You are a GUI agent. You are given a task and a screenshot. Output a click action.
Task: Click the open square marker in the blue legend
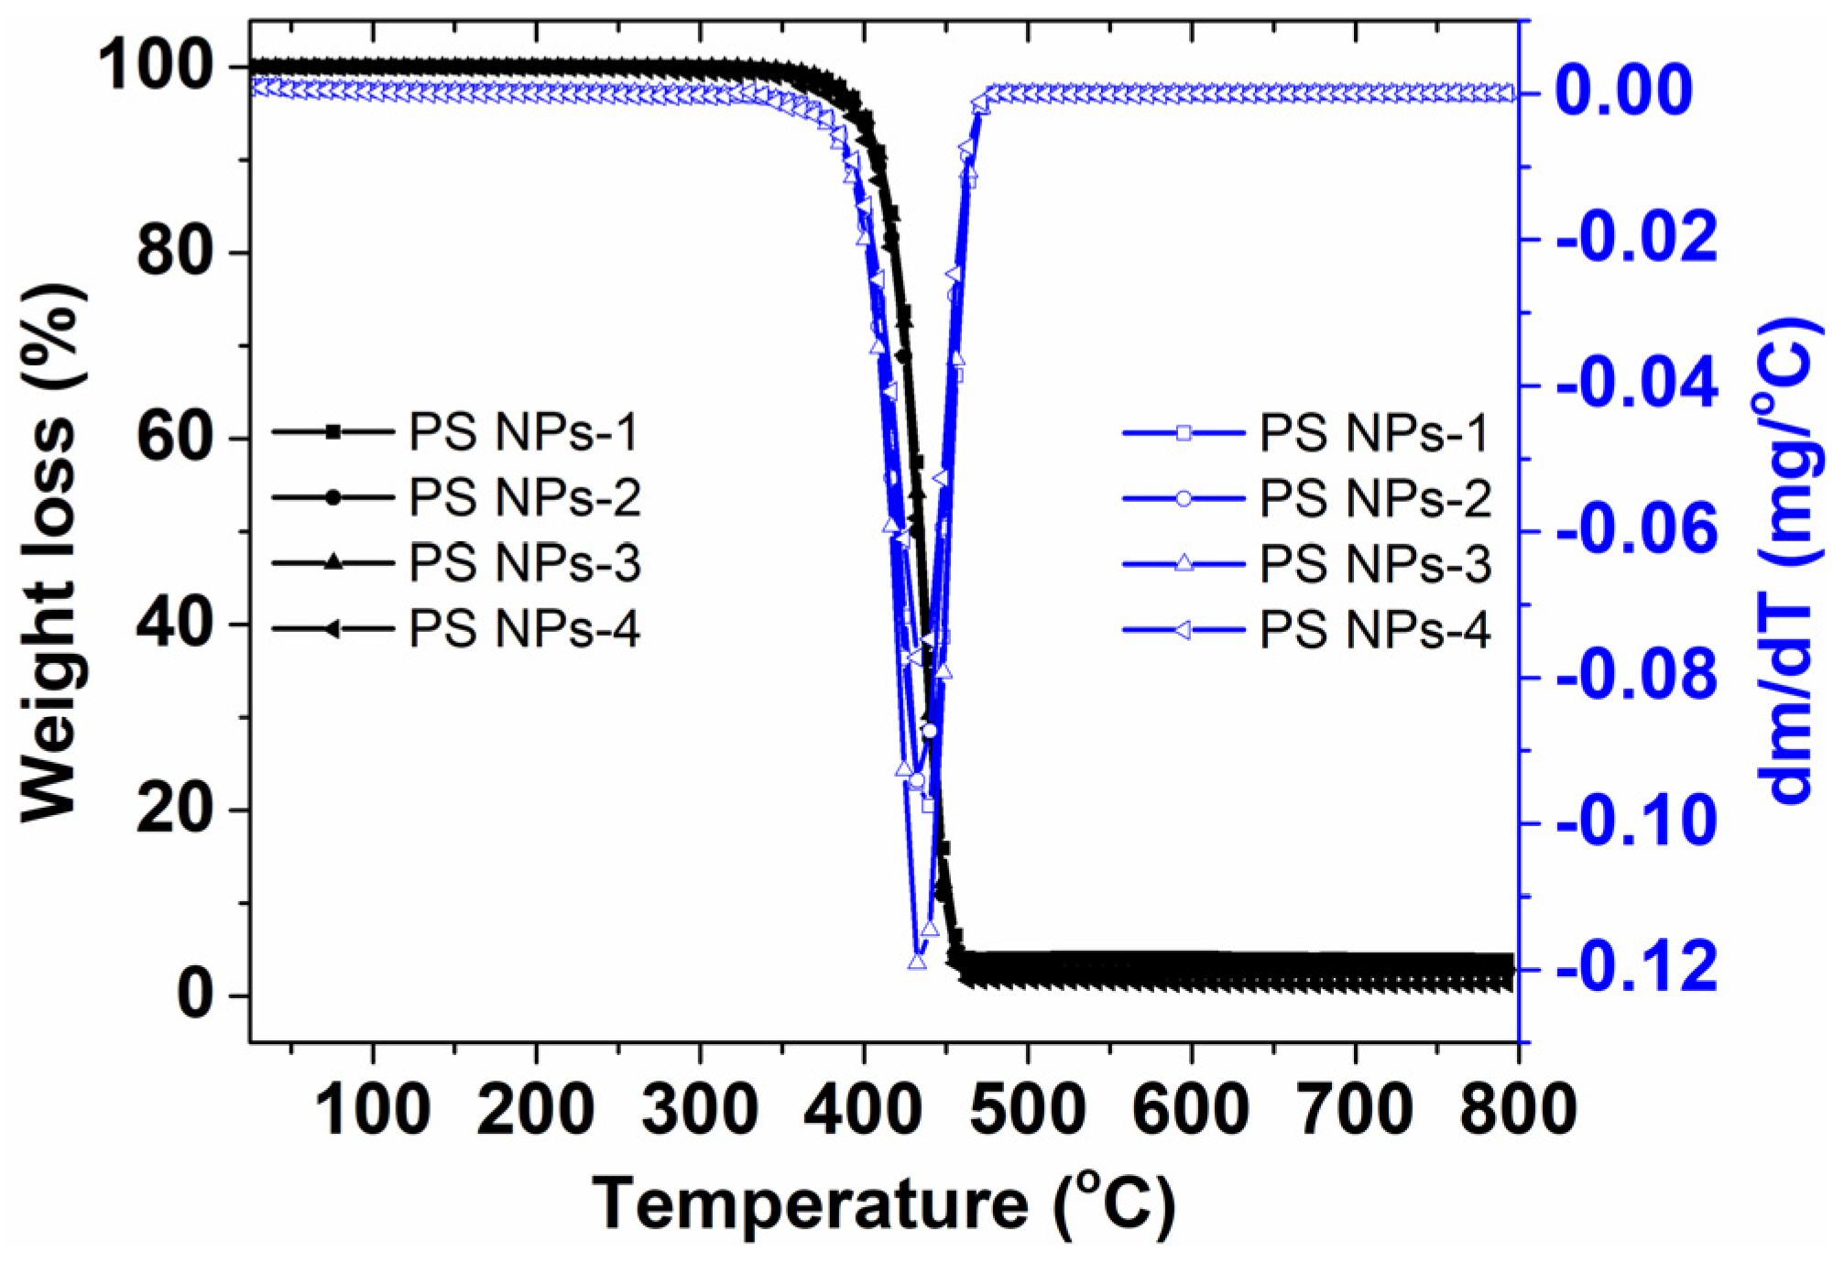click(x=1184, y=432)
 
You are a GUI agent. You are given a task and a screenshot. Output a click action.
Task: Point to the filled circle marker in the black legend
click(x=333, y=497)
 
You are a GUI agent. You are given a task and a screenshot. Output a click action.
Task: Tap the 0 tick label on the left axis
click(x=194, y=995)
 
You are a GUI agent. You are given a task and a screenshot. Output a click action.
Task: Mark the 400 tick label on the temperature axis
click(x=863, y=1110)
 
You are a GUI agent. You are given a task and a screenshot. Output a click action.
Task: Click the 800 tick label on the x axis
click(x=1517, y=1110)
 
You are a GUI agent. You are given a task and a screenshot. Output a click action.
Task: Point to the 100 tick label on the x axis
click(x=372, y=1110)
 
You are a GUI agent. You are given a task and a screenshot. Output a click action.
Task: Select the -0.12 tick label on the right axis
click(x=1636, y=968)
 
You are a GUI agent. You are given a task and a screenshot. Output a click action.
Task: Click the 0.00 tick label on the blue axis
click(x=1623, y=91)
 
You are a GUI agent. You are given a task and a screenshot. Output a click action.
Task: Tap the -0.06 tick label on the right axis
click(x=1636, y=530)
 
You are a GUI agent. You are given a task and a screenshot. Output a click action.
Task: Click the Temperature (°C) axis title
click(x=883, y=1203)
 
